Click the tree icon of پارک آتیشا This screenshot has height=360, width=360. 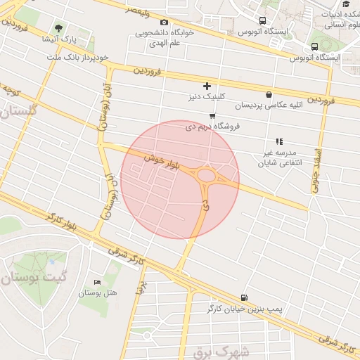(58, 27)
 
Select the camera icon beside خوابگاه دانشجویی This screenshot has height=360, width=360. (165, 22)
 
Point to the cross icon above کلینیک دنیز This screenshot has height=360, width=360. (206, 86)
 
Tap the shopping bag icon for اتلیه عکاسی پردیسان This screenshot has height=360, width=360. (269, 94)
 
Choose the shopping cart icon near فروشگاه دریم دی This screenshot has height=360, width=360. (212, 116)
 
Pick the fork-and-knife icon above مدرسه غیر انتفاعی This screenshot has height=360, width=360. (279, 141)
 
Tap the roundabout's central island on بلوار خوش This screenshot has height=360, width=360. (207, 174)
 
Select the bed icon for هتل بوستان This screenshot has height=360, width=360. (96, 282)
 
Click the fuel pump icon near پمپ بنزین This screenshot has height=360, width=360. (244, 298)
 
